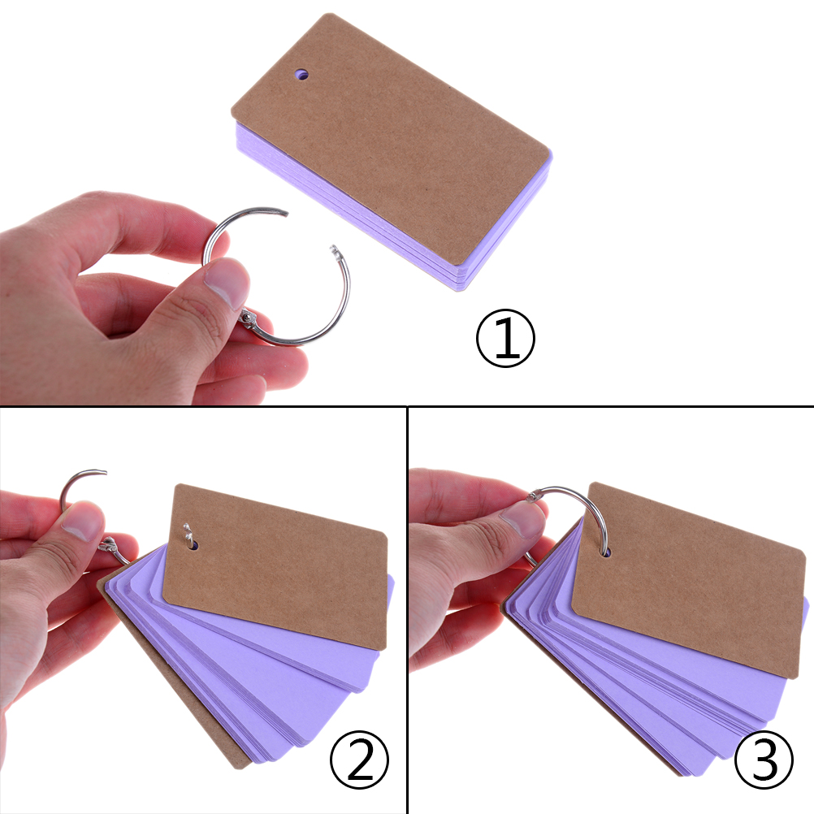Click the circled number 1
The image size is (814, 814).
[x=505, y=338]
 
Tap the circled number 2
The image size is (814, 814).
[x=359, y=760]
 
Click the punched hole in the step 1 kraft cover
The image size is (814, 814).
[x=301, y=75]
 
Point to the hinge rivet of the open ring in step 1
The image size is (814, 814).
[x=249, y=317]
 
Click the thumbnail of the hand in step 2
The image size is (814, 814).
[x=82, y=522]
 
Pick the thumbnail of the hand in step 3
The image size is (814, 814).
[x=523, y=519]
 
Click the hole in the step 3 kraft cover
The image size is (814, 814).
[x=604, y=552]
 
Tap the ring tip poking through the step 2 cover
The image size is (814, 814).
[x=188, y=533]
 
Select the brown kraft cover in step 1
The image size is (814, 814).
[x=390, y=139]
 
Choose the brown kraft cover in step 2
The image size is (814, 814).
[x=275, y=567]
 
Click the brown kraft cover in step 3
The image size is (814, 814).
[x=688, y=580]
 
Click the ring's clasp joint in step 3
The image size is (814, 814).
[x=533, y=497]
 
